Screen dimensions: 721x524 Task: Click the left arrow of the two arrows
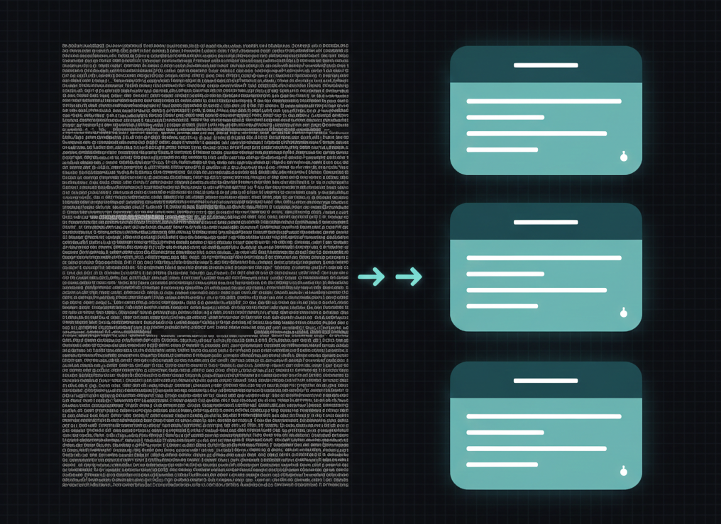(371, 277)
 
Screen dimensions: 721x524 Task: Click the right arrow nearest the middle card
(409, 277)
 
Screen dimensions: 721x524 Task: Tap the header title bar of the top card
(546, 65)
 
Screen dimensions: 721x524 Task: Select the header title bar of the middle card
(546, 222)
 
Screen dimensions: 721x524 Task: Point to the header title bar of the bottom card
(546, 381)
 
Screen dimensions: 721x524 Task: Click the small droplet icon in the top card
(624, 157)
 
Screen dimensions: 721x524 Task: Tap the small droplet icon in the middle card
(624, 313)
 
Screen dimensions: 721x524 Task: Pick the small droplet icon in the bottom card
(624, 471)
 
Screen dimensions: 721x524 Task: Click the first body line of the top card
(544, 101)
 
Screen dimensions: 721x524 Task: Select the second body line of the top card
(505, 117)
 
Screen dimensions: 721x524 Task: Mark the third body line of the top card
(536, 133)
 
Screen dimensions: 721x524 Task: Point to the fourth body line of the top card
(502, 150)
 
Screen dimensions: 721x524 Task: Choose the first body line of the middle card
(544, 258)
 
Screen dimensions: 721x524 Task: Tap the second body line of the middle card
(505, 274)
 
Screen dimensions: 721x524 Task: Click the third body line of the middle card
(536, 290)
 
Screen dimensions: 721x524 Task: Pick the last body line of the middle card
(502, 306)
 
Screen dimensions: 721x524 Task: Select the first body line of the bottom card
(544, 417)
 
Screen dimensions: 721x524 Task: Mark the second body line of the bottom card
(505, 433)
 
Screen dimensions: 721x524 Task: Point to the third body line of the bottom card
(536, 449)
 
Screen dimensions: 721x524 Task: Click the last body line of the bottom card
(502, 465)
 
